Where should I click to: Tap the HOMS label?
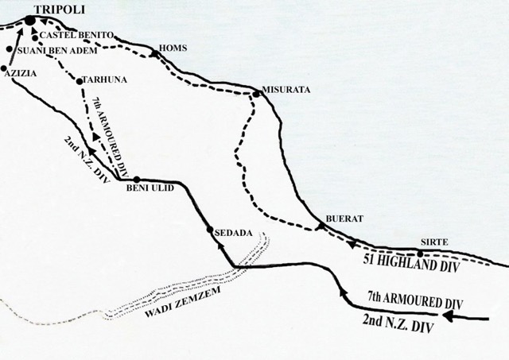173,48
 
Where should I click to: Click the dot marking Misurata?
256,95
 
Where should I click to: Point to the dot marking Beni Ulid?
137,179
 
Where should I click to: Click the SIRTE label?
435,242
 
